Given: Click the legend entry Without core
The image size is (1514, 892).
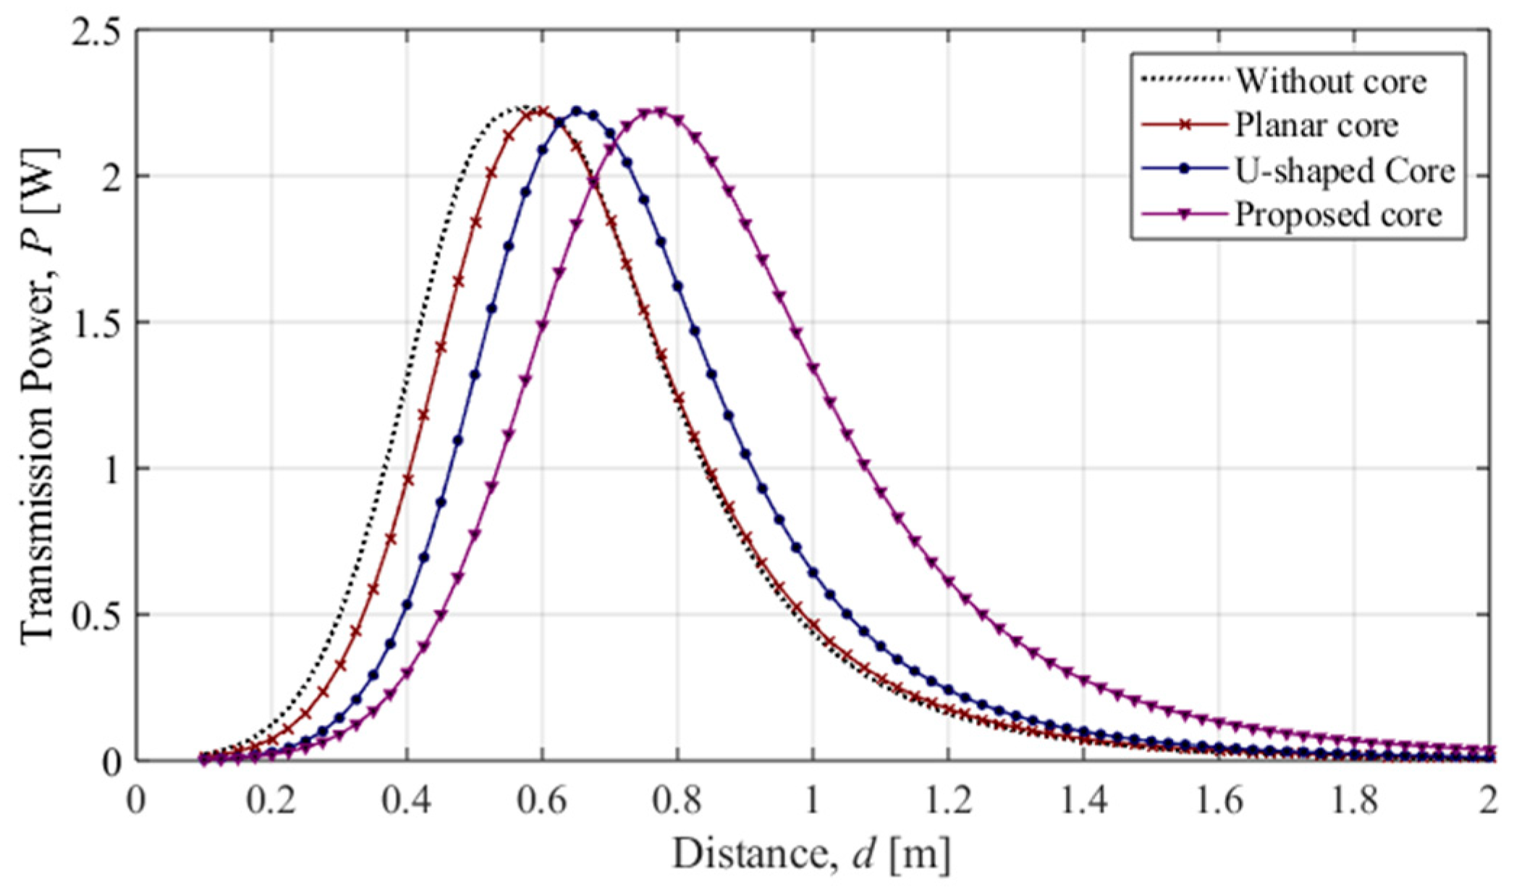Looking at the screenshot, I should [1330, 81].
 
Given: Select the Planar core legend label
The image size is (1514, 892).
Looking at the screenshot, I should [1316, 125].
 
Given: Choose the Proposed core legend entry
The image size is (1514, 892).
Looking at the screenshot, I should [1338, 214].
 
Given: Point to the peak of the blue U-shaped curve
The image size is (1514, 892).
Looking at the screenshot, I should [578, 111].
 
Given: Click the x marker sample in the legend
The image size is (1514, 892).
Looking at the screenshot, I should [1184, 125].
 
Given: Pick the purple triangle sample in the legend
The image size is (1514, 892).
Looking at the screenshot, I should [1184, 214].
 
